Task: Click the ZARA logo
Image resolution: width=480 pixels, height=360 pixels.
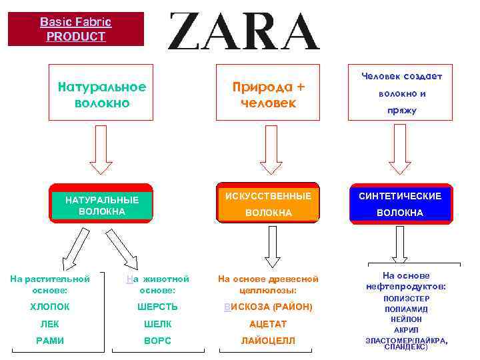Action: pos(243,31)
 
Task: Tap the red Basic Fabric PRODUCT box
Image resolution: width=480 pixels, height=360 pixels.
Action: pos(75,29)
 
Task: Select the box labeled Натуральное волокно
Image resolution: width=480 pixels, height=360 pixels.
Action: pos(102,93)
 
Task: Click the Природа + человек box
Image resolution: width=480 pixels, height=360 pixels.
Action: pos(267,93)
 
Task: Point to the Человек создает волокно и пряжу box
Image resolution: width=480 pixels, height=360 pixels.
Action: pos(401,93)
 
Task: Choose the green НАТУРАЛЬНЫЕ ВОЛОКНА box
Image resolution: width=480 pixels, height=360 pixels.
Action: pos(102,203)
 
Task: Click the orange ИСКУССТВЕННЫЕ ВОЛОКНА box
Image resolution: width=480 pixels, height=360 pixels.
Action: pos(268,203)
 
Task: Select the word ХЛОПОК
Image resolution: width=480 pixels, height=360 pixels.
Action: pos(50,307)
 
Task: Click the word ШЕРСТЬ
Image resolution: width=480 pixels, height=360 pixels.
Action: pos(157,307)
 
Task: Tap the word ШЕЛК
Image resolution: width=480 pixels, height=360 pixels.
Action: pos(157,324)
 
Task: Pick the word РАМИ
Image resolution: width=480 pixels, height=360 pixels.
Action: pos(50,341)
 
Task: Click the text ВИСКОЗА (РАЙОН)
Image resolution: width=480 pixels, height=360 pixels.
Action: pos(268,307)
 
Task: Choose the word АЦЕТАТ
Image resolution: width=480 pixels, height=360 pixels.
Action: pos(268,324)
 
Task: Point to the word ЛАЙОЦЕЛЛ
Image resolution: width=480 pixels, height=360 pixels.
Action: pos(268,341)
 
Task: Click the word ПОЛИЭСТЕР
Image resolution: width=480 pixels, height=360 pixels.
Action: pos(407,299)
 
